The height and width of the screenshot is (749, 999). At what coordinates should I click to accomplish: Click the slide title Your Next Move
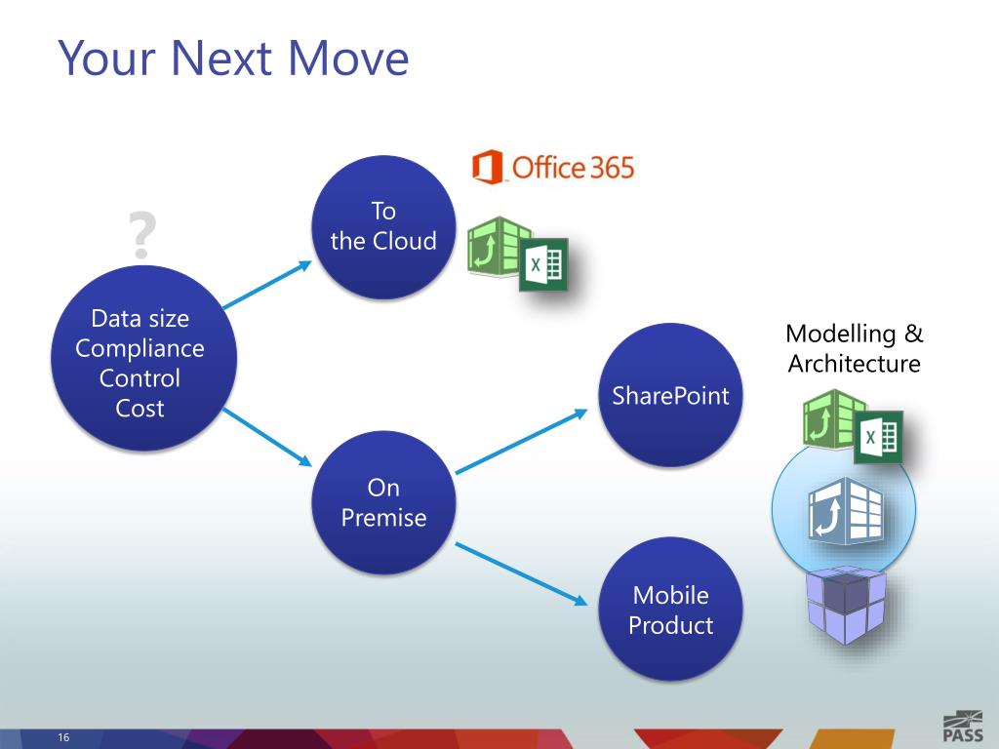point(233,58)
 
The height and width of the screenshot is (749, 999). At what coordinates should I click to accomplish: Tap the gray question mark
point(142,235)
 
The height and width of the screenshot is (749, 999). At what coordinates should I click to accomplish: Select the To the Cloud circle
point(383,226)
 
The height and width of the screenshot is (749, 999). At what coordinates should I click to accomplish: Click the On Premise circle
point(383,502)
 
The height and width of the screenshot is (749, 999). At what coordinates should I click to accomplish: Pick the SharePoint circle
point(670,395)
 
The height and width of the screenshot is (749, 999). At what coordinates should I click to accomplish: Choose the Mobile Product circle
point(670,610)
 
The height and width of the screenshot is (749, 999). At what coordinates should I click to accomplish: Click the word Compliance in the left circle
point(140,348)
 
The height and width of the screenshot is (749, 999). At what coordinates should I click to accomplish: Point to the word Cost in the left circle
point(140,408)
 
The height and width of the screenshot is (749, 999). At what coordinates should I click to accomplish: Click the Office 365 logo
point(553,168)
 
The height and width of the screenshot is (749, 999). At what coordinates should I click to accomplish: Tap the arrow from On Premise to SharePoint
point(522,442)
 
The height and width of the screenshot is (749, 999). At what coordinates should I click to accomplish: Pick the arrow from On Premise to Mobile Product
point(522,573)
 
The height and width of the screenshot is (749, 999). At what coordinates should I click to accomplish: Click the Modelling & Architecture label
point(854,348)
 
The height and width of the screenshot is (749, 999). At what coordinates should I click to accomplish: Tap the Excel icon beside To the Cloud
point(543,264)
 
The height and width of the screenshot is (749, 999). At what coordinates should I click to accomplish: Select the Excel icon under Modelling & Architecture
point(878,437)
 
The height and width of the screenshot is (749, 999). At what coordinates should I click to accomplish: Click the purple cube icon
point(845,606)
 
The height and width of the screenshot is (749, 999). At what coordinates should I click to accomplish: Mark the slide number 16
point(63,736)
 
